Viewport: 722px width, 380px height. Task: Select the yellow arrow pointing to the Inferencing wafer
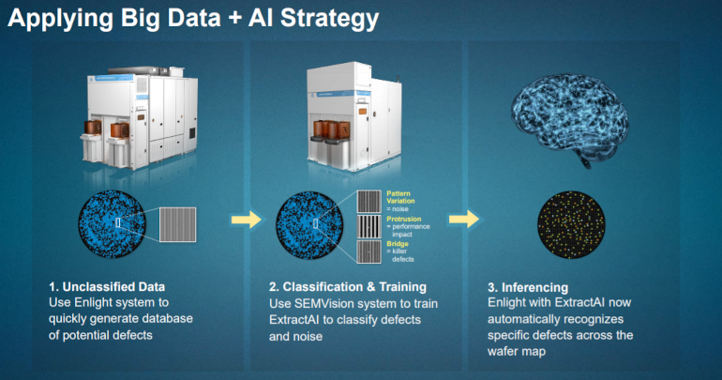coord(463,219)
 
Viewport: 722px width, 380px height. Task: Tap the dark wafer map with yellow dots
coord(570,224)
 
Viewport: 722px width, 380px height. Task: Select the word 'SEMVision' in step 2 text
coord(328,304)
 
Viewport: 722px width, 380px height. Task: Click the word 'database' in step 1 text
coord(165,321)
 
